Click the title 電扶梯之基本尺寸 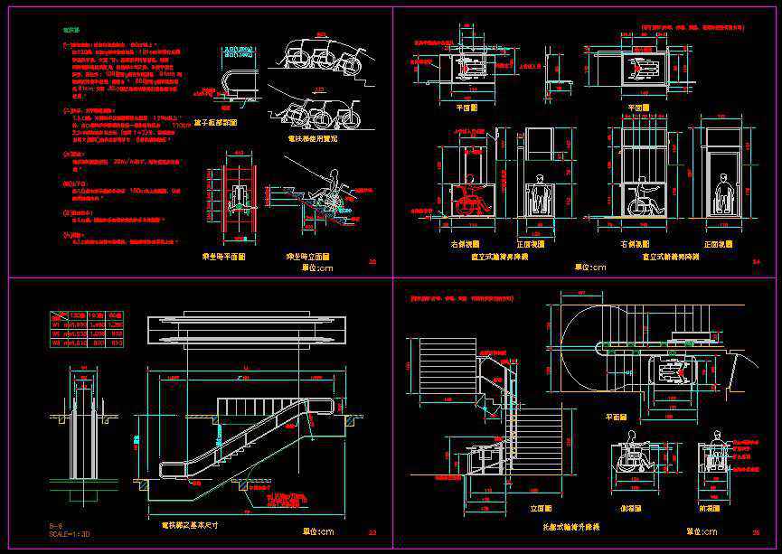click(x=191, y=525)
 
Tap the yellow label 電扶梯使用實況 click(x=312, y=139)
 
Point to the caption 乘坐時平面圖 click(x=223, y=258)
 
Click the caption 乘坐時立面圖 click(x=307, y=258)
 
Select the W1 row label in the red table click(x=55, y=324)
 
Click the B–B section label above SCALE click(x=56, y=525)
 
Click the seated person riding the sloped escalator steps click(x=327, y=191)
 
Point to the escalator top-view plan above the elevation click(x=248, y=330)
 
